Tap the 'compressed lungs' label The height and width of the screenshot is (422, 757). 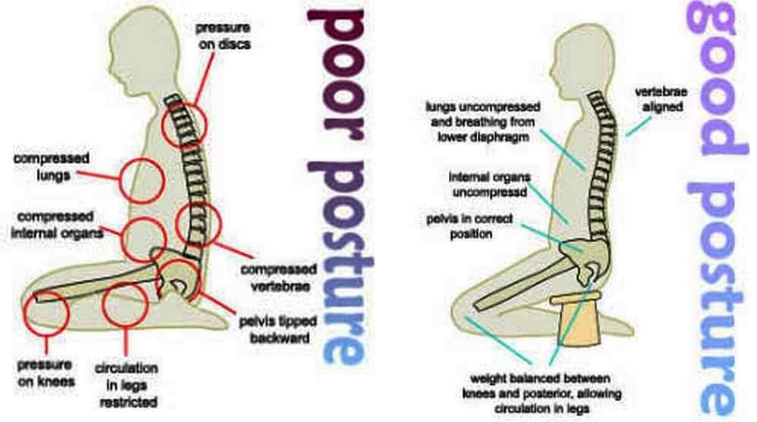(51, 166)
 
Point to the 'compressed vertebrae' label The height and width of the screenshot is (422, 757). (279, 277)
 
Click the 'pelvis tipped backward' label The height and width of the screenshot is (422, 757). (279, 330)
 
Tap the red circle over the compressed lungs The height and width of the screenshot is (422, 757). (141, 181)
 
